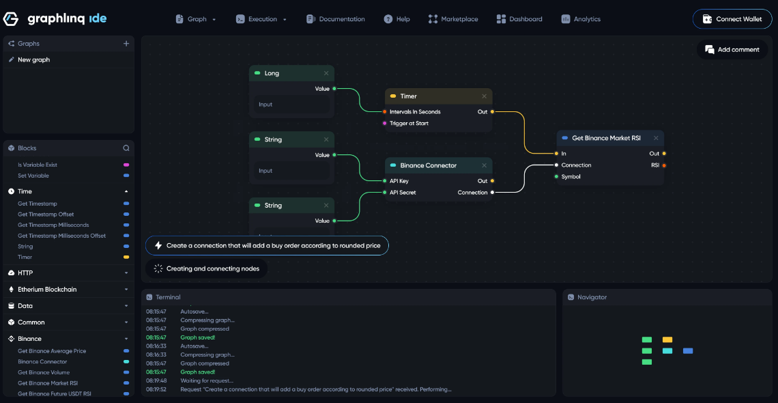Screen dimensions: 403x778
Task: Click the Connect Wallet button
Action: tap(733, 19)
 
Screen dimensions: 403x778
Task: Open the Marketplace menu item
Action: tap(453, 19)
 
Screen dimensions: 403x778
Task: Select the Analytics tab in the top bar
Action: tap(581, 19)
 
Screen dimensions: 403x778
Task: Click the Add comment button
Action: tap(732, 49)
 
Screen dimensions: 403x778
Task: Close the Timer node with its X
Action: tap(485, 96)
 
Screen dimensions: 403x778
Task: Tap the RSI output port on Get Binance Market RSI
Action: tap(664, 165)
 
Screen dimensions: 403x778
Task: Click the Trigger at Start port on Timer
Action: tap(385, 124)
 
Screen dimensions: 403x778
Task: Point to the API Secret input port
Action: tap(385, 193)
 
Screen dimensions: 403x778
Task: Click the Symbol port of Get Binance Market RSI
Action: tap(557, 177)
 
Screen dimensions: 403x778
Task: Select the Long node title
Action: tap(272, 73)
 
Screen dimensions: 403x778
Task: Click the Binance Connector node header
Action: tap(429, 165)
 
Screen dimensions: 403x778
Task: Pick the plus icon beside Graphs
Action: tap(126, 44)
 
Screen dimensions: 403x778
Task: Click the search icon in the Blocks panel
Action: tap(126, 148)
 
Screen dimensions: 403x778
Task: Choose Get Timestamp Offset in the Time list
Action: tap(46, 214)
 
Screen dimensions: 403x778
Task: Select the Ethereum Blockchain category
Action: tap(47, 290)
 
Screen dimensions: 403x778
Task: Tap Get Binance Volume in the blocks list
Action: tap(44, 372)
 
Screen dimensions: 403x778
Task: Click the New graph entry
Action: tap(33, 60)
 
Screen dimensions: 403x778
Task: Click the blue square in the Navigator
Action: tap(688, 350)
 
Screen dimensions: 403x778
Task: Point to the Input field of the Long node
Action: tap(291, 105)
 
